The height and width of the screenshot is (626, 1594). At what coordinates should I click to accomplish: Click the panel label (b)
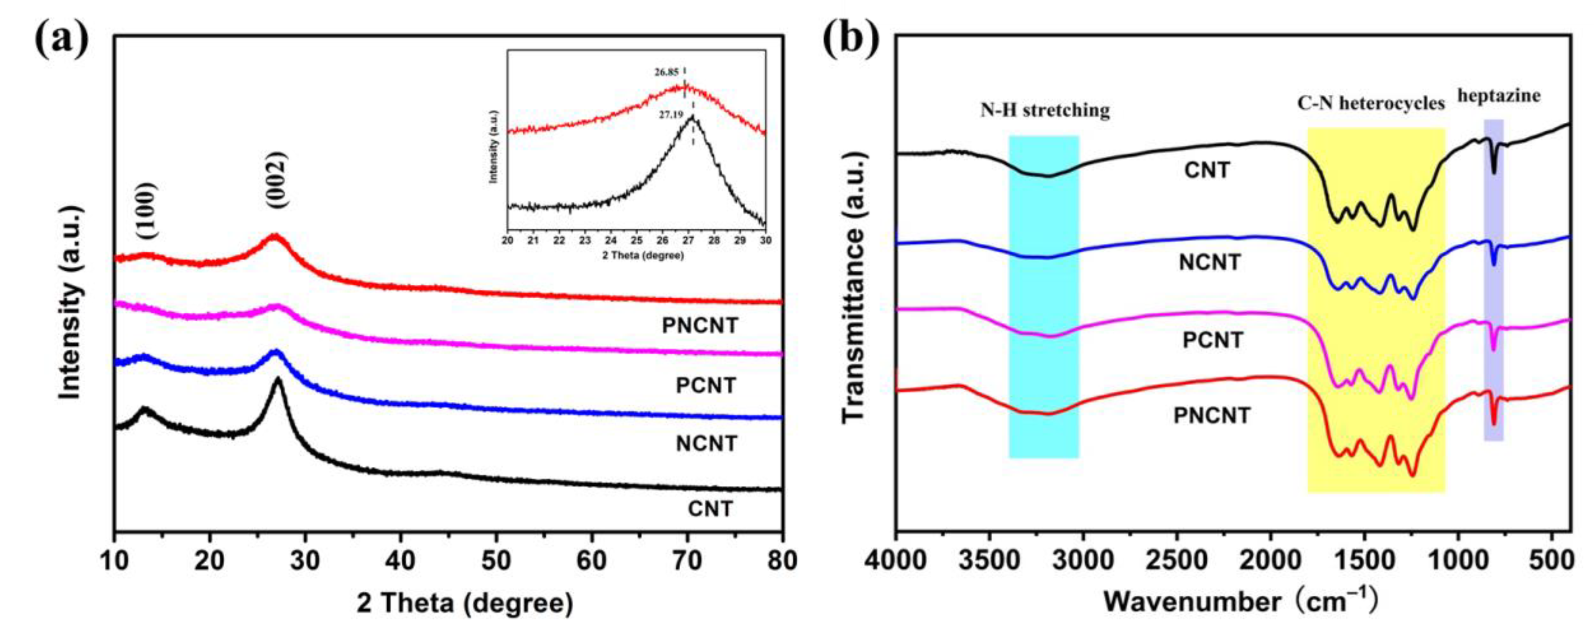point(850,38)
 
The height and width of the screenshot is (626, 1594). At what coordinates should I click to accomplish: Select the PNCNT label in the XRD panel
point(700,326)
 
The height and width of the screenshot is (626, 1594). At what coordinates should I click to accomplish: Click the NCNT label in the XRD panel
point(706,443)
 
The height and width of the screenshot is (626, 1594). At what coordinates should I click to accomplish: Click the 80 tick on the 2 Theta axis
point(782,561)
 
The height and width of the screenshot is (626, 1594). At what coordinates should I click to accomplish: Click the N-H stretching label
point(1045,111)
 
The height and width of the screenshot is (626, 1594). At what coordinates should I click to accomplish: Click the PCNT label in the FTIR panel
point(1212,340)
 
